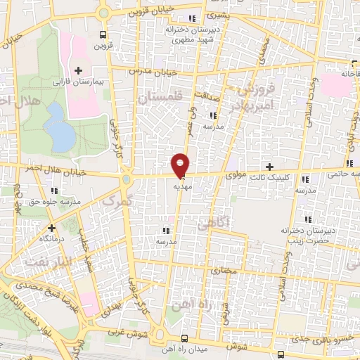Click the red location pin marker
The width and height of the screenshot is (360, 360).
point(181,165)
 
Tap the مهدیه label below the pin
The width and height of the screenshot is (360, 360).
point(181,186)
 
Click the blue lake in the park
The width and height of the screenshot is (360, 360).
point(60,131)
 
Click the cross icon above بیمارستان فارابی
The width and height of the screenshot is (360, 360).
point(78,70)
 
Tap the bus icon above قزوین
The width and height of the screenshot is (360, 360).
point(103,34)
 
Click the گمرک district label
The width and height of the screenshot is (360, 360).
point(117,202)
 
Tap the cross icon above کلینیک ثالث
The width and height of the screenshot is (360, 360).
point(269,166)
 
